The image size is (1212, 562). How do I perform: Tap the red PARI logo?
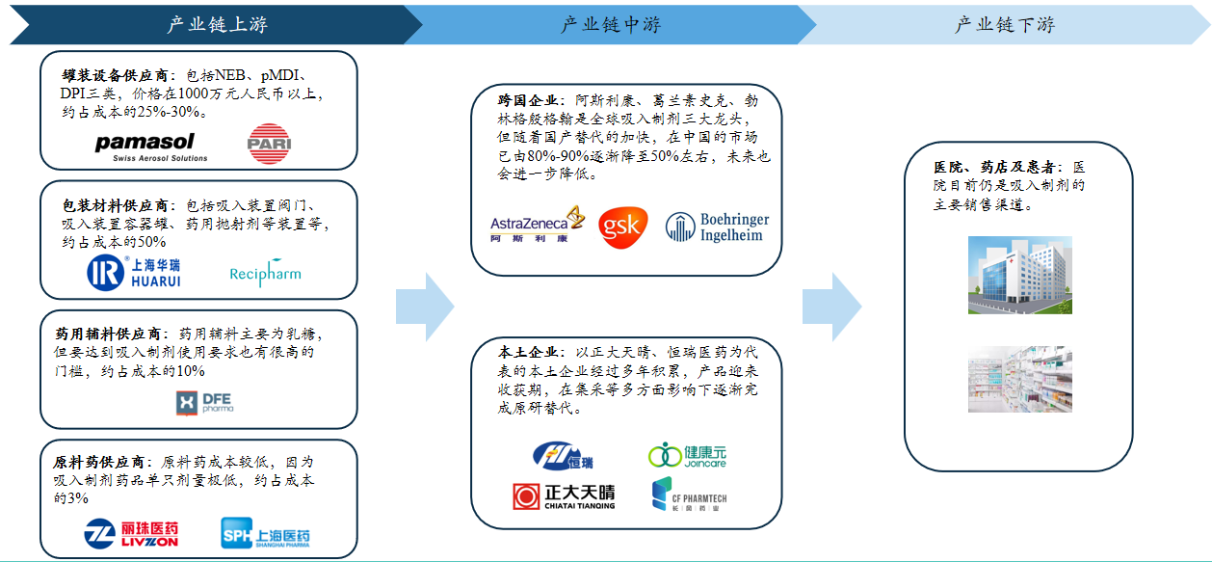pos(268,144)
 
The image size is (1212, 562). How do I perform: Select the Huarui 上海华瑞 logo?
pos(134,273)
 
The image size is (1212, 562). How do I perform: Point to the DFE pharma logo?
pos(203,403)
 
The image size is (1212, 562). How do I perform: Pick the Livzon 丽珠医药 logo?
pos(131,533)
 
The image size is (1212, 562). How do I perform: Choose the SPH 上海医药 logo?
pos(266,533)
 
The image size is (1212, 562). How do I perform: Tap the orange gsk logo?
pos(623,227)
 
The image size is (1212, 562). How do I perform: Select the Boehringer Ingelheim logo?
pos(718,227)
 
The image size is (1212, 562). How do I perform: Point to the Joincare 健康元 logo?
pos(687,455)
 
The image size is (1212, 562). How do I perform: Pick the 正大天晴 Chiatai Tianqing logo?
pos(564,496)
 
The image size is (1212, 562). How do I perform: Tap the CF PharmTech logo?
pos(689,495)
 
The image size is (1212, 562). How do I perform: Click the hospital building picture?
pos(1019,276)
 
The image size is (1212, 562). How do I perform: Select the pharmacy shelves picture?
pos(1019,380)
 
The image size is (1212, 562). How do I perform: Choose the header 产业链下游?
pos(1004,25)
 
